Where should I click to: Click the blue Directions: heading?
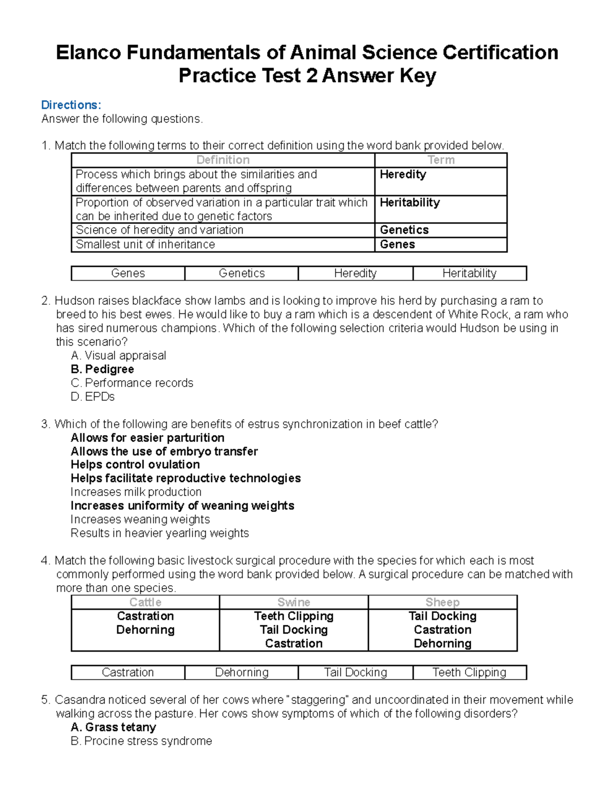tap(71, 105)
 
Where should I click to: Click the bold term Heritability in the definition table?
tap(409, 202)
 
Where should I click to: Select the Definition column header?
tap(223, 160)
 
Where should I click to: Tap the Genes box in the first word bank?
tap(128, 274)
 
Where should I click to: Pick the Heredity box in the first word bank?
tap(355, 274)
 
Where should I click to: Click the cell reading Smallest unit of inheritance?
tap(145, 244)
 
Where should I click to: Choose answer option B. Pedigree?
tap(102, 369)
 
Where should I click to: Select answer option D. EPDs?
tap(93, 397)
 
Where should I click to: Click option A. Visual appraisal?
tap(118, 355)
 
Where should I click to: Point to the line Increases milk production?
tap(136, 492)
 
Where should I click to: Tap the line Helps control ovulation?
tap(135, 464)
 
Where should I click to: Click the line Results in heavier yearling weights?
tap(160, 533)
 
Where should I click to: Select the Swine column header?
tap(294, 602)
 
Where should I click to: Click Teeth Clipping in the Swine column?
tap(294, 616)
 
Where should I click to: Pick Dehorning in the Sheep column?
tap(443, 644)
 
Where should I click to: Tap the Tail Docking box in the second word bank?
tap(355, 672)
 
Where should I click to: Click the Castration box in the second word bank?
tap(128, 672)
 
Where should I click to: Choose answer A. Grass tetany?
tap(113, 727)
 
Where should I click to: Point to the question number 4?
tap(45, 560)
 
